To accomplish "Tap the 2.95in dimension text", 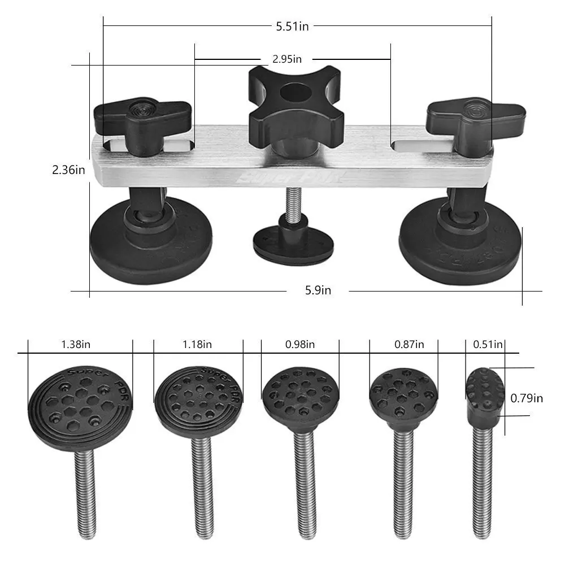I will point(286,59).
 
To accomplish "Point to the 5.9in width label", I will point(318,290).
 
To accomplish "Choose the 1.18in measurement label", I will point(198,344).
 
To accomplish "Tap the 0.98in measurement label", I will point(301,344).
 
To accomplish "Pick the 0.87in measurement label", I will point(410,344).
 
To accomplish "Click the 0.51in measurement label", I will point(488,344).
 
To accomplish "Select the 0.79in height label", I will point(527,398).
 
